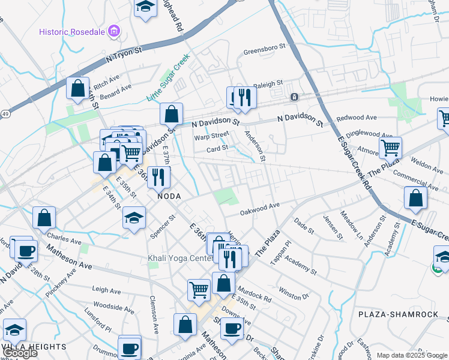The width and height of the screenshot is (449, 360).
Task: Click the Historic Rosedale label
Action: [x=71, y=31]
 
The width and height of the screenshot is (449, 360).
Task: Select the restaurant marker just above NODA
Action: [x=159, y=176]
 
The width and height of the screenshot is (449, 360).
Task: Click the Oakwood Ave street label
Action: [x=260, y=206]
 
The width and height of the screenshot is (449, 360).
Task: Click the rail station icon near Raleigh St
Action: [x=294, y=97]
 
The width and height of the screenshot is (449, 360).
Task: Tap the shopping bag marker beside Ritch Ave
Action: [x=77, y=88]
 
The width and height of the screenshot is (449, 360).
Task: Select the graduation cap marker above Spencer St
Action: [x=134, y=218]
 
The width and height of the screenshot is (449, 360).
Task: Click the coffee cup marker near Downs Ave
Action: [x=232, y=328]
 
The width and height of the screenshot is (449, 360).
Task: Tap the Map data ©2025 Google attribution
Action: [x=411, y=355]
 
